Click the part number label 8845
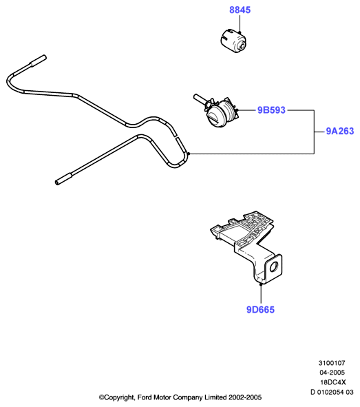240,10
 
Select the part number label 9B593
271,110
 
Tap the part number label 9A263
340,131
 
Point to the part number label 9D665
260,309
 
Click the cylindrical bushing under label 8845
233,42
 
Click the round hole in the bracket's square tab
274,267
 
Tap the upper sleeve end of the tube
39,61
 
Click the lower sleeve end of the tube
63,179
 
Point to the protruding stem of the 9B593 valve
200,100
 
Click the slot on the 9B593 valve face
215,118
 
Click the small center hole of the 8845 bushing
242,46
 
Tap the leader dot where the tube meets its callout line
189,154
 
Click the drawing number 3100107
332,363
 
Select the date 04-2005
332,373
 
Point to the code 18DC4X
333,382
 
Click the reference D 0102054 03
332,392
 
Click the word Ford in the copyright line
145,397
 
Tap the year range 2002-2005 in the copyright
245,397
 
